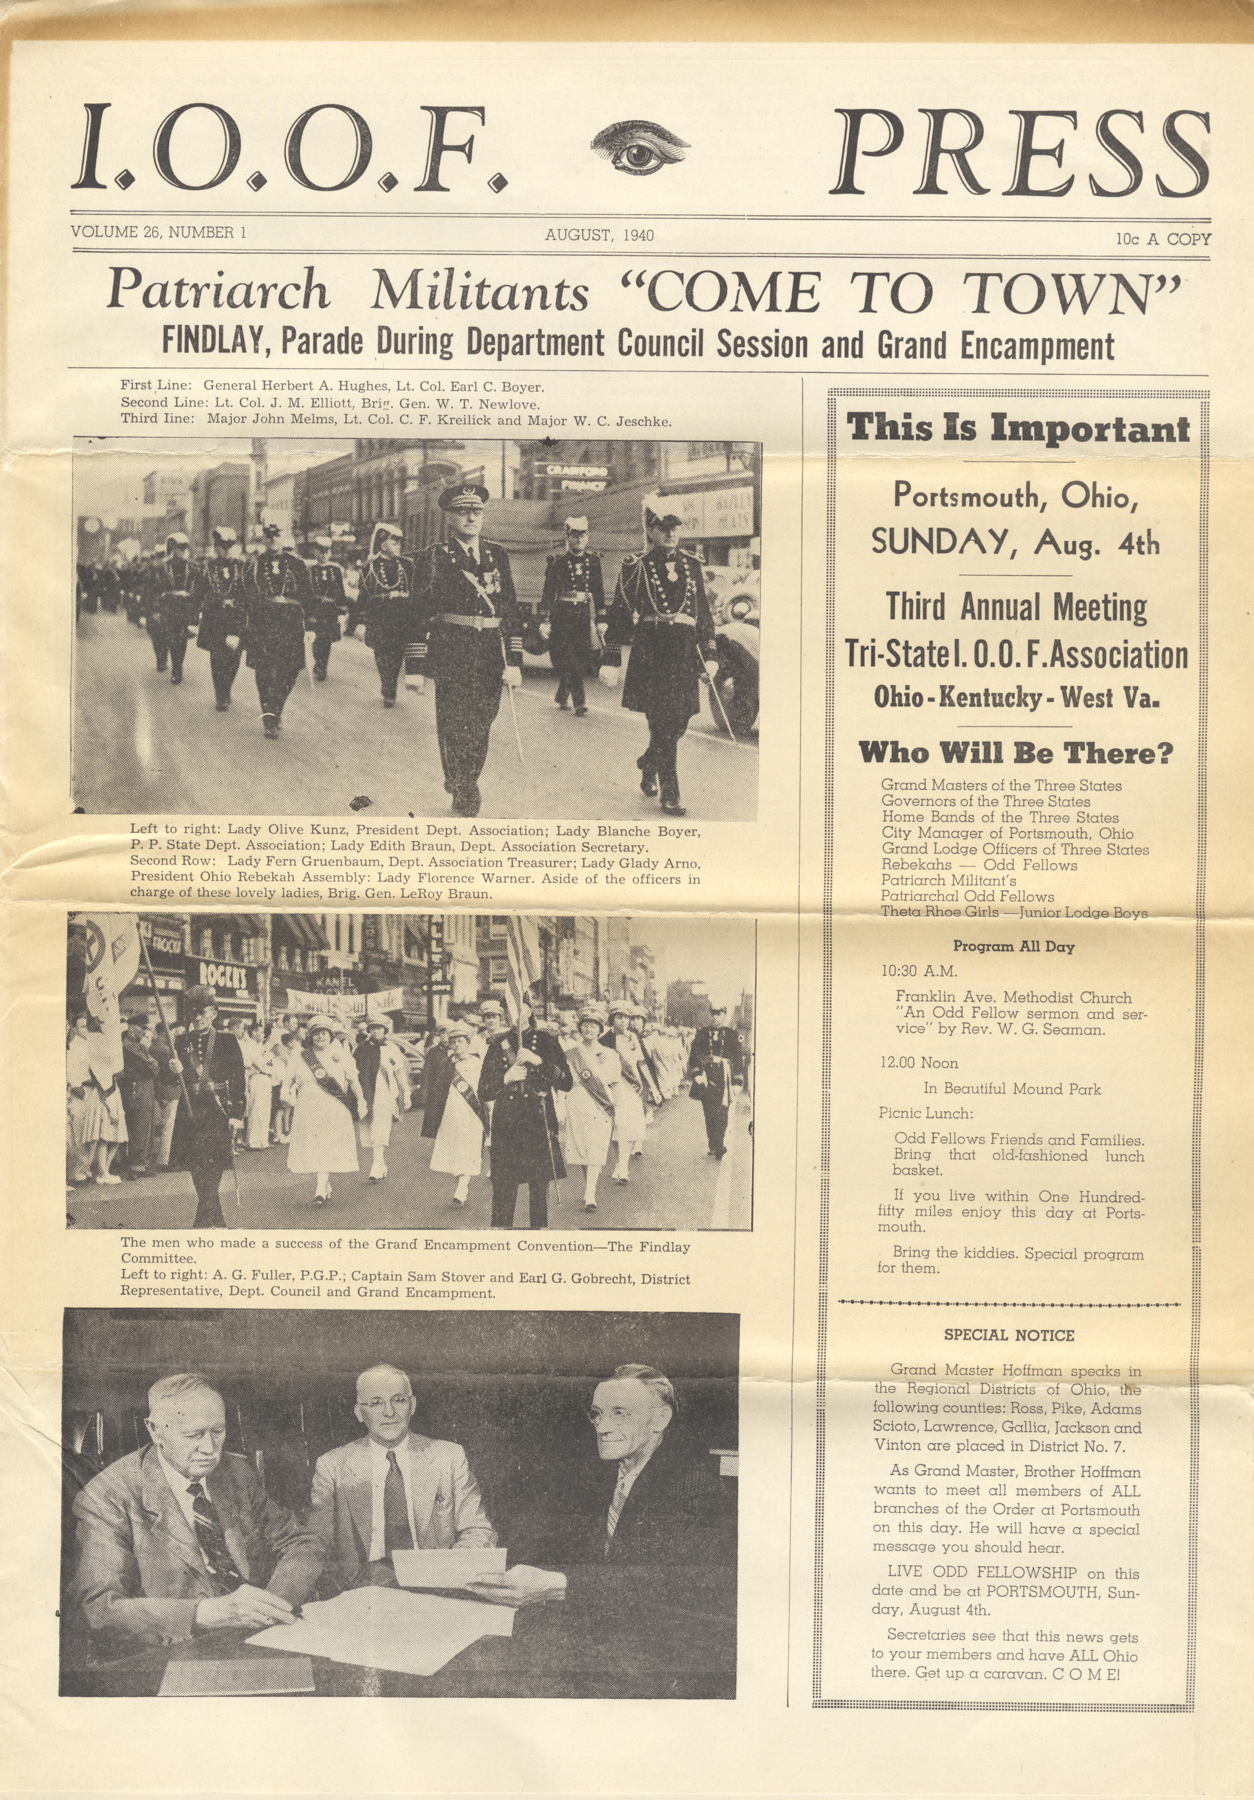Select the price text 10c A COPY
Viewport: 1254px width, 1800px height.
tap(1164, 239)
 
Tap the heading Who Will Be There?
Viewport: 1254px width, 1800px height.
tap(1016, 753)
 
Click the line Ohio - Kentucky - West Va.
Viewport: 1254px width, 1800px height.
tap(1016, 697)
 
